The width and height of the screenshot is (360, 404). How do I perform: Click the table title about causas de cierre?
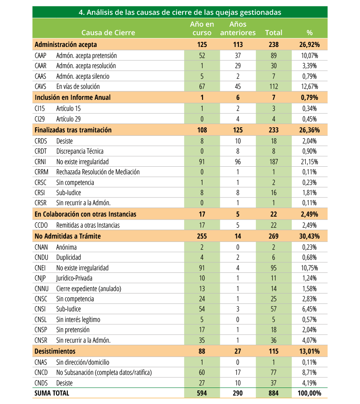(180, 12)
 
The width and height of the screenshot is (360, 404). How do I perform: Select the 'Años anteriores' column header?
(238, 28)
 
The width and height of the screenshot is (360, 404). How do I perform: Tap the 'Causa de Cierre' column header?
(108, 33)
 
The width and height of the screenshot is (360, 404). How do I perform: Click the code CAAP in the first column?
(41, 56)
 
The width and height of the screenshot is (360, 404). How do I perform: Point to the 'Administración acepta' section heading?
(66, 44)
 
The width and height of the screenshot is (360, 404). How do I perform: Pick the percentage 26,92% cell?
(310, 44)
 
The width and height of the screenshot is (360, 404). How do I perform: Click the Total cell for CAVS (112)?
(274, 87)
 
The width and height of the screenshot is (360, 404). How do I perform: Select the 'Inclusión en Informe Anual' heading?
(72, 97)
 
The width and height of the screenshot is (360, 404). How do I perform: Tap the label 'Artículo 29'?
(68, 119)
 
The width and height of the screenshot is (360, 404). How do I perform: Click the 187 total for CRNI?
(274, 162)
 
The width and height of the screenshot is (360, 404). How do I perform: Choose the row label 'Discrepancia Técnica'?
(80, 151)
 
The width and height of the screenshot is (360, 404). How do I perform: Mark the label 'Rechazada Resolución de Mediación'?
(98, 172)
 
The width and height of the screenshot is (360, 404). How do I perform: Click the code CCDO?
(41, 225)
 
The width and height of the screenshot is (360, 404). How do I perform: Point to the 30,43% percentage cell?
(310, 236)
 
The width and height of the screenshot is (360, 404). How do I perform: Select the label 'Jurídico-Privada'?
(74, 278)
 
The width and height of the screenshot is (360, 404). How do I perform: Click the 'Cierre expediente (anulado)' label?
(89, 289)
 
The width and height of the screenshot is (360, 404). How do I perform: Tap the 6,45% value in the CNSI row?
(310, 309)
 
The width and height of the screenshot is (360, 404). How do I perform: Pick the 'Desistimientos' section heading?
(55, 351)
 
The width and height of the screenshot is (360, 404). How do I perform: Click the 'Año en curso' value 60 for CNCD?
(202, 373)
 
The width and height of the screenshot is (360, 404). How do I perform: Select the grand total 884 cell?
(274, 393)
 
